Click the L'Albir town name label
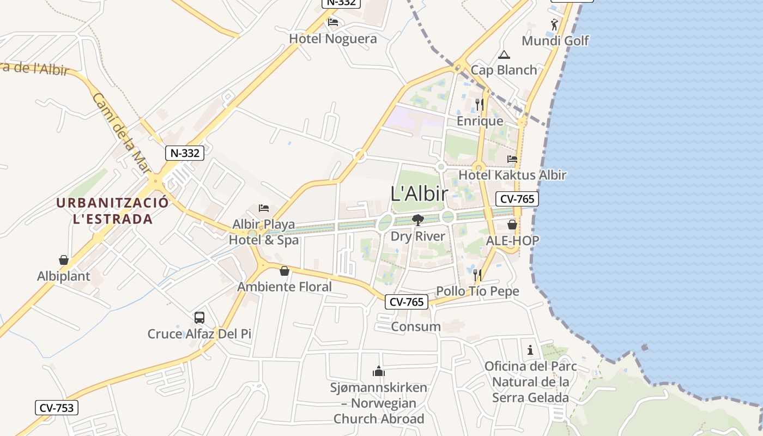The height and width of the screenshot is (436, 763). click(419, 194)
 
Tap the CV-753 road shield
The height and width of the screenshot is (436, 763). click(57, 407)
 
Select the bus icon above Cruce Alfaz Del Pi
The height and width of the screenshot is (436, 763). click(199, 317)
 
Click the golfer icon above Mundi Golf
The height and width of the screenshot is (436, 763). click(555, 25)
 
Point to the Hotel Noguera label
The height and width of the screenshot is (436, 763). click(332, 39)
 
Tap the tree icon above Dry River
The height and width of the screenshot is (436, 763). click(418, 220)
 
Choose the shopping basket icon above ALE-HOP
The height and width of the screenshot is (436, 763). click(512, 224)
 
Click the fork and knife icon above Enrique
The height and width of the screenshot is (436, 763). click(480, 104)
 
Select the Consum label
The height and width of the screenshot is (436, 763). click(416, 326)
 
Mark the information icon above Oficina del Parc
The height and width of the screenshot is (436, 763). click(530, 349)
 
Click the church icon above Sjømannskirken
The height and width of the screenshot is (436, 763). click(379, 371)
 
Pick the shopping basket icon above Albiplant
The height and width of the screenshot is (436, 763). click(64, 260)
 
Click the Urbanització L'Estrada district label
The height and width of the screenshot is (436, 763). click(112, 211)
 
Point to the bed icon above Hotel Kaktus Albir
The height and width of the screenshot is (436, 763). click(512, 159)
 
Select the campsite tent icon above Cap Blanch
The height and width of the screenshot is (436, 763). click(504, 55)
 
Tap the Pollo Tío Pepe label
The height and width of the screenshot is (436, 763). click(477, 291)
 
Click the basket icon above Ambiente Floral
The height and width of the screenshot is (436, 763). click(284, 270)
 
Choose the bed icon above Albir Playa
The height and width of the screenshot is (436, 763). click(264, 208)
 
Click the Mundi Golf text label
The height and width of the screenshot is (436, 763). click(555, 41)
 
